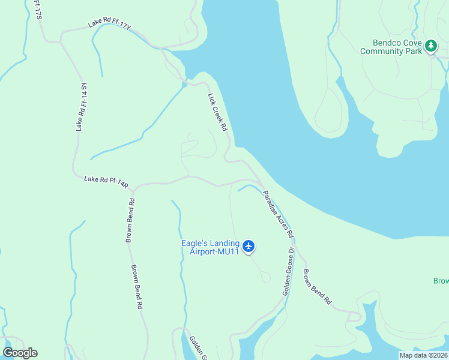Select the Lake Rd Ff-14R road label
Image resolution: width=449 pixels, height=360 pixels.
[x=106, y=181]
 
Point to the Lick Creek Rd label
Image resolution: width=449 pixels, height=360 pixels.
[x=217, y=112]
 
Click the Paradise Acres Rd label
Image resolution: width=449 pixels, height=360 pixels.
[x=277, y=212]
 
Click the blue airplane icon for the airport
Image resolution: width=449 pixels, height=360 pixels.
[x=249, y=246]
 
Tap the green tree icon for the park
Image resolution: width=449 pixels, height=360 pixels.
[x=430, y=46]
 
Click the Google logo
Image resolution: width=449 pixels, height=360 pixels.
[x=20, y=353]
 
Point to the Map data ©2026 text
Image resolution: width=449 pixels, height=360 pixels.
[x=423, y=355]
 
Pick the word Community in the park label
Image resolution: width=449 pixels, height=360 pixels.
[x=381, y=52]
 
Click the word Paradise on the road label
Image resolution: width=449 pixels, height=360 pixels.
[x=271, y=203]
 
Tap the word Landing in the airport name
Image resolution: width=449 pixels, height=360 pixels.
[x=226, y=244]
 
